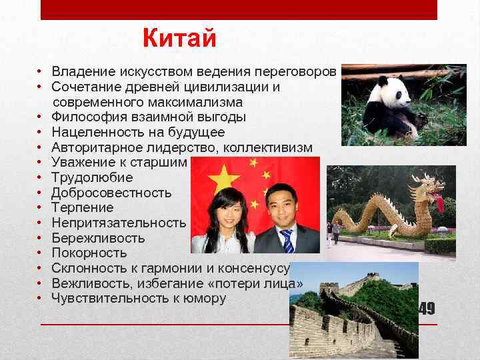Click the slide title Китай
(x=179, y=39)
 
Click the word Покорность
(x=89, y=253)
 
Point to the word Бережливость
(x=98, y=238)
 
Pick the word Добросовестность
(x=111, y=193)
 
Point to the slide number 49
(x=427, y=309)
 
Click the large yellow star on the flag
(x=224, y=178)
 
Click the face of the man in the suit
(x=279, y=203)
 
